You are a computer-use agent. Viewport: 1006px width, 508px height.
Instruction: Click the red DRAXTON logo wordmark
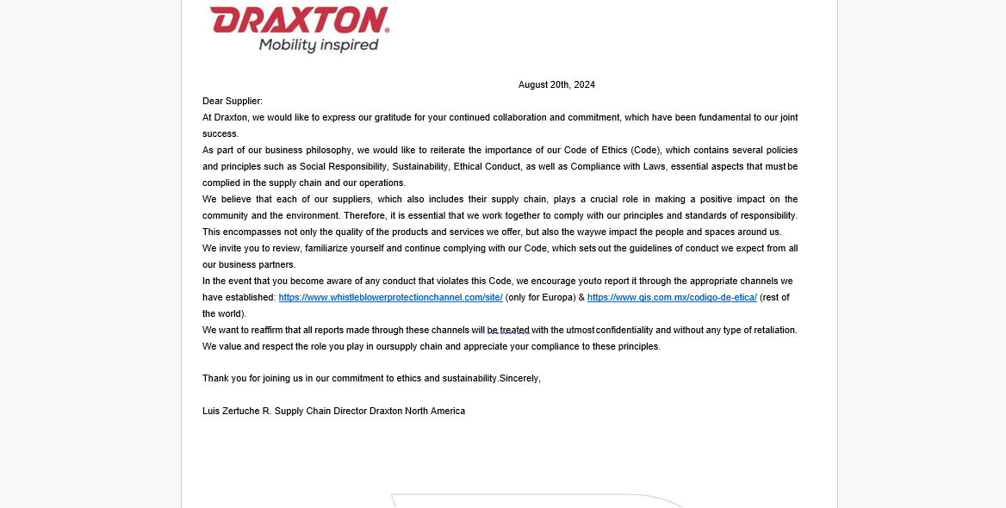coord(299,20)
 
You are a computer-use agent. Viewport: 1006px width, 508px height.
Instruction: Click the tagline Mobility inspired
coord(319,45)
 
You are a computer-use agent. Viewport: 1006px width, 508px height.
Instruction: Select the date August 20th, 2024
coord(556,84)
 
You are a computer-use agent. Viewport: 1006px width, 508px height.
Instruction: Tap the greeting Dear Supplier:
coord(233,101)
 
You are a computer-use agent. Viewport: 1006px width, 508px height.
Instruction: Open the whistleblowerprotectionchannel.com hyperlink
coord(390,297)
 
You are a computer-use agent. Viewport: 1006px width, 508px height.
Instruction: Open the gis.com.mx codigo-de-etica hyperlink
coord(672,297)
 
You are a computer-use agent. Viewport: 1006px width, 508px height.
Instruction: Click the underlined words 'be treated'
coord(508,330)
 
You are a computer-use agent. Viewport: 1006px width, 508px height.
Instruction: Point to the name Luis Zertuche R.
coord(237,411)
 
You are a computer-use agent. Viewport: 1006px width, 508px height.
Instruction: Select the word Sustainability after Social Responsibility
coord(416,166)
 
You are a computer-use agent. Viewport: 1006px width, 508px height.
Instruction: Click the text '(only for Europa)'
coord(541,297)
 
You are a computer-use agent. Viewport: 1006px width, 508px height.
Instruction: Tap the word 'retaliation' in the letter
coord(773,330)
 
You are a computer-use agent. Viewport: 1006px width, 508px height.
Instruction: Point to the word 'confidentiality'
coord(624,330)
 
